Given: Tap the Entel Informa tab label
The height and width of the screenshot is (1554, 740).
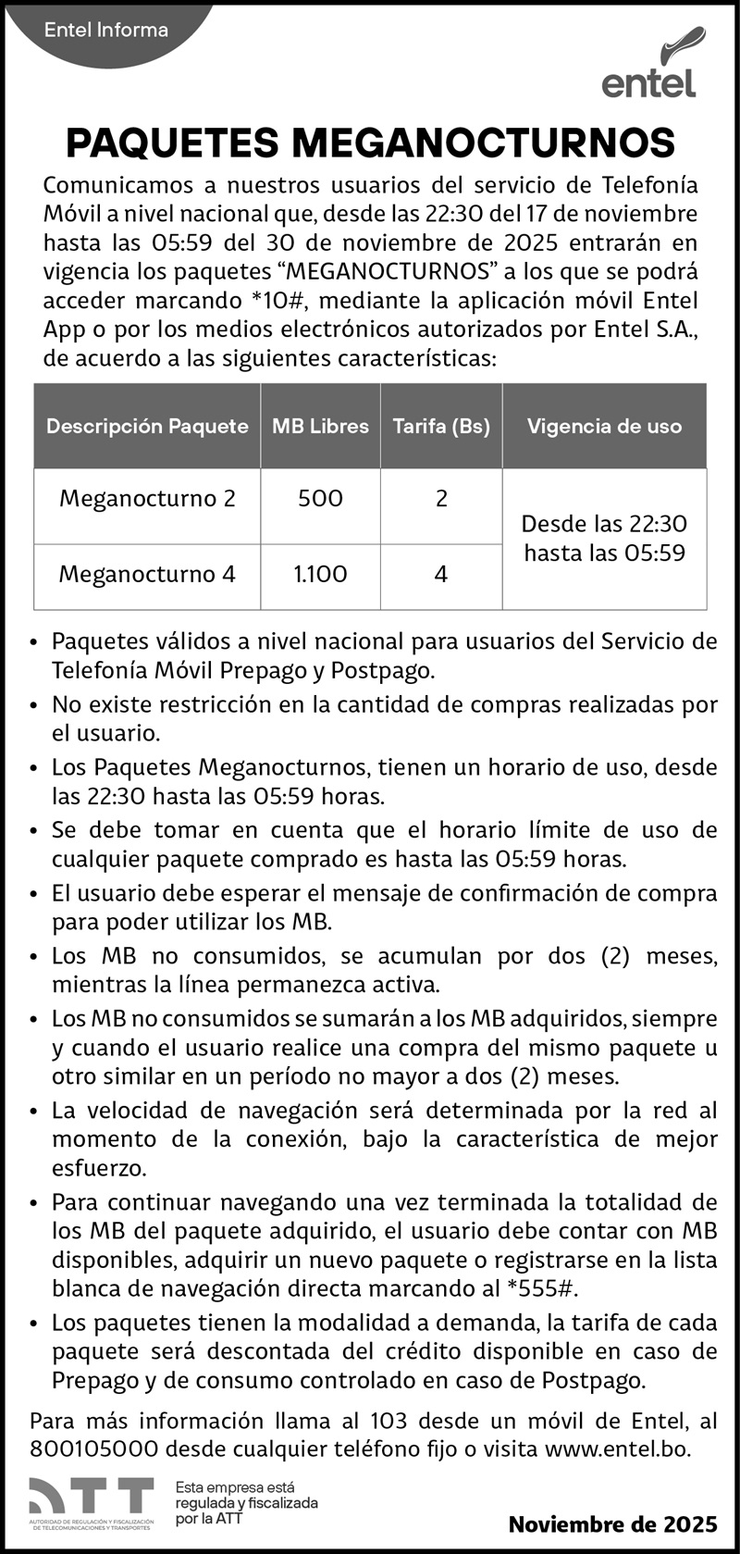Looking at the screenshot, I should point(105,31).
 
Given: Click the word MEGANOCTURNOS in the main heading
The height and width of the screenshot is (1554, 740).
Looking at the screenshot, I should point(483,143).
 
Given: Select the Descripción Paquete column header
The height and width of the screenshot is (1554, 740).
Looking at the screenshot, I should point(147,427).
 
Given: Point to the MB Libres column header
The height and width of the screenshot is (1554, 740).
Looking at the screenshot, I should point(320,427).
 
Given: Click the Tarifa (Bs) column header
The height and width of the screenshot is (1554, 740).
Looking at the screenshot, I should point(441,427).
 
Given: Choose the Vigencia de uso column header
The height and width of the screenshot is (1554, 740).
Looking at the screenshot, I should point(604,427).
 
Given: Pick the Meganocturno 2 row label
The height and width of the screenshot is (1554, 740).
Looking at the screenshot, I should point(147,499).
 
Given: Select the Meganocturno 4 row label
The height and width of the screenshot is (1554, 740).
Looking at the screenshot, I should point(147,575).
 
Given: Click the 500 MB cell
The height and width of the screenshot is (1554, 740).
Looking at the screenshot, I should point(320,499).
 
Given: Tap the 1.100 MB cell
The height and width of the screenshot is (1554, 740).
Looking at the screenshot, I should point(320,575).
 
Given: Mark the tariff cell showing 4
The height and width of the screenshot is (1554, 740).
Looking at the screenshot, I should point(441,575).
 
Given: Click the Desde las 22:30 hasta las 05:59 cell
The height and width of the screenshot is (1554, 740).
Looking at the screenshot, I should point(604,539).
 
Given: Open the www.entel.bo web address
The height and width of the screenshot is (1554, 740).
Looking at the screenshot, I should point(617,1449).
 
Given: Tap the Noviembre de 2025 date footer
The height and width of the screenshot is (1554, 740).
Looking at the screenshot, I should point(612,1524).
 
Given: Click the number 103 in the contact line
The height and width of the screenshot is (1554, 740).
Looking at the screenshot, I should point(388,1421).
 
